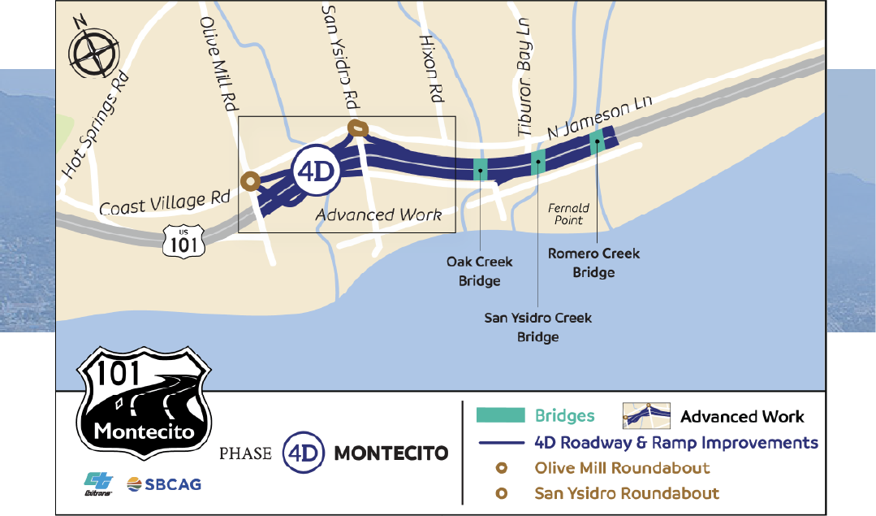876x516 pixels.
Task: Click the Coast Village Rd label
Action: pos(166,202)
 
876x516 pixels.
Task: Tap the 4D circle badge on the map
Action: pos(314,171)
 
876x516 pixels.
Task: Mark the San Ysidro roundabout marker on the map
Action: pos(357,128)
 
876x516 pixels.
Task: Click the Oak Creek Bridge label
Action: pos(479,271)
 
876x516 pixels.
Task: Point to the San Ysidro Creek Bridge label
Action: pos(537,327)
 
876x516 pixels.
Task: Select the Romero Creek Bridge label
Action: pos(593,262)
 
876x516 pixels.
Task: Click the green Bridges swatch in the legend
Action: pos(500,415)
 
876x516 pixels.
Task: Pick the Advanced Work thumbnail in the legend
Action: pos(646,415)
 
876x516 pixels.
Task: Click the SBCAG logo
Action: pos(163,485)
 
